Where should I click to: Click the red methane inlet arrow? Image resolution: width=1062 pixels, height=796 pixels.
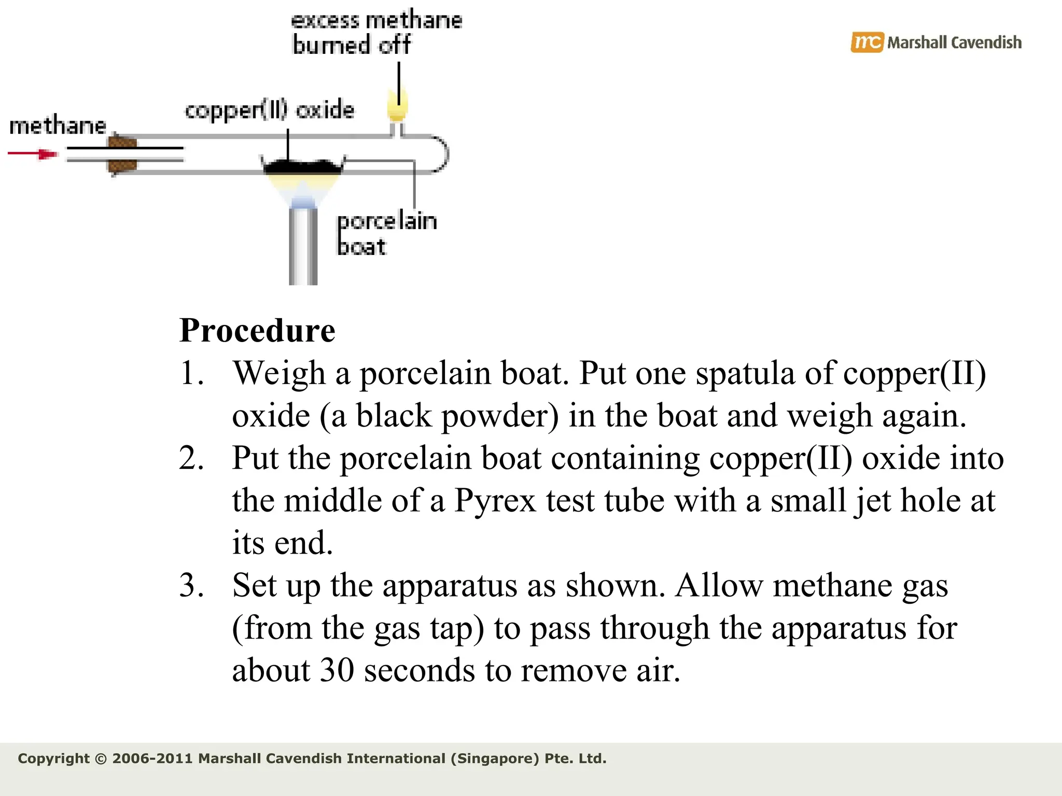pos(32,154)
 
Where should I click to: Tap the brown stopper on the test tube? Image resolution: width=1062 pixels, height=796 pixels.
pos(122,154)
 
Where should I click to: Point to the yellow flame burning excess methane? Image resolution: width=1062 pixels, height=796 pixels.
pos(397,105)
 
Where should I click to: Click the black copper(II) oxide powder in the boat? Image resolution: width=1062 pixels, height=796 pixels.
pos(303,167)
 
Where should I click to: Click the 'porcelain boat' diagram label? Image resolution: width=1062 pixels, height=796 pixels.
pos(386,234)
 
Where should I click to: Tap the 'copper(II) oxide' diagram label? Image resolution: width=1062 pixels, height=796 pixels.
pos(269,110)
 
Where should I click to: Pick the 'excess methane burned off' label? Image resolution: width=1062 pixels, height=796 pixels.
pos(376,33)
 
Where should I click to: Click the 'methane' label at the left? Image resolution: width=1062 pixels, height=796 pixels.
pos(58,126)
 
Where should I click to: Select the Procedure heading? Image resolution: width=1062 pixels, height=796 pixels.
pos(257,330)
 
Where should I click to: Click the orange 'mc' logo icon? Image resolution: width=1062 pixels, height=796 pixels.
pos(866,42)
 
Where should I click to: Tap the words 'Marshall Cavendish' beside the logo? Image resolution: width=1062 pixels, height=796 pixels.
pos(954,42)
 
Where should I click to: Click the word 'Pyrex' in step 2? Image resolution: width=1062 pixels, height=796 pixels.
pos(495,501)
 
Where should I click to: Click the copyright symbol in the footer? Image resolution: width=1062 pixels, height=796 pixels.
pos(101,759)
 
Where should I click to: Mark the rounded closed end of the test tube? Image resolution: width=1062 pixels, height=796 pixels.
pos(442,154)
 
